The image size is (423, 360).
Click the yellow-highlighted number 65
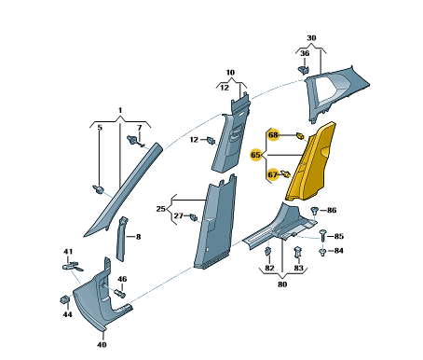(255, 155)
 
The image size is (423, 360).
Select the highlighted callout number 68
(274, 135)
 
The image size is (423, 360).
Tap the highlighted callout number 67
(273, 174)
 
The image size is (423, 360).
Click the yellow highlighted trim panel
(311, 162)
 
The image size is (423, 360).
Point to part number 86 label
(332, 211)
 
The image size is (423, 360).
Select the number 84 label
(339, 251)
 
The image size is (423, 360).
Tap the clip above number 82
(268, 251)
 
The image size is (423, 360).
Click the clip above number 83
(298, 251)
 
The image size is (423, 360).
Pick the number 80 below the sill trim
(282, 284)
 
